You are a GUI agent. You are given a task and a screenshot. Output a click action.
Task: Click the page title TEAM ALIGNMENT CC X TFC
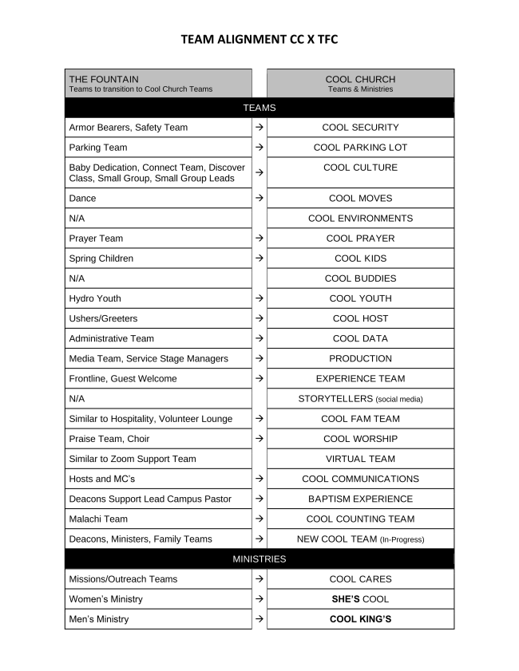[259, 39]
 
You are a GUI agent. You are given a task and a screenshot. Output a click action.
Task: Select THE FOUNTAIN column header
[158, 83]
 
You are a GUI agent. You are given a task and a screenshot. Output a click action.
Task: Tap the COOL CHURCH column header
[360, 83]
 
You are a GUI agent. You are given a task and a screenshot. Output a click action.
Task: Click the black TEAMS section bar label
[259, 108]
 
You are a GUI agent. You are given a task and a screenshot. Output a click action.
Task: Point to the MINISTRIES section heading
[259, 559]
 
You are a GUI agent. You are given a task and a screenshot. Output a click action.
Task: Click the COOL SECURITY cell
[360, 128]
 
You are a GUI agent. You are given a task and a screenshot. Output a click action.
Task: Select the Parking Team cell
[158, 148]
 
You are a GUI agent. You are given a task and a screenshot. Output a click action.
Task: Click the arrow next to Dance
[259, 199]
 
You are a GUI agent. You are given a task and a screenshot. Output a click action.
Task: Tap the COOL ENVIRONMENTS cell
[360, 219]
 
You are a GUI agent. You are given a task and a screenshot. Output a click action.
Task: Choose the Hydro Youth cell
[158, 298]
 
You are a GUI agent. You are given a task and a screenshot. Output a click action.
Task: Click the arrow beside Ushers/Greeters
[259, 319]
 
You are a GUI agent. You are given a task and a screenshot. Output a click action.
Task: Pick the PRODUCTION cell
[360, 359]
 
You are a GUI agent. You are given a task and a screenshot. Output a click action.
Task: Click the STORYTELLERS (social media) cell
[360, 399]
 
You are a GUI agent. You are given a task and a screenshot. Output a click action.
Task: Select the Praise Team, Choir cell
[158, 439]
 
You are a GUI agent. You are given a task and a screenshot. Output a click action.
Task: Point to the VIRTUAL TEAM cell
[360, 459]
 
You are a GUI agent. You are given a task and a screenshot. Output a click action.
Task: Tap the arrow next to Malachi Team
[259, 519]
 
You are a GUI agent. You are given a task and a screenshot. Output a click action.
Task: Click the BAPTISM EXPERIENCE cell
[360, 499]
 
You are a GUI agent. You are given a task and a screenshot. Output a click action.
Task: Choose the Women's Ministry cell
[158, 599]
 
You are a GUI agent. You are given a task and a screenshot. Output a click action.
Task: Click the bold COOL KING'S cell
[360, 619]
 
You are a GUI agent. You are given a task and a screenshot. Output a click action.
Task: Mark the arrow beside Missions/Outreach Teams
[259, 579]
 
